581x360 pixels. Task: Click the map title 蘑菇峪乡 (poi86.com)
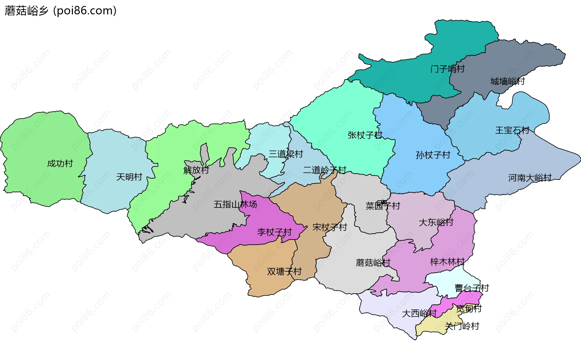tap(61, 11)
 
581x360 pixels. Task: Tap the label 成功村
tap(60, 163)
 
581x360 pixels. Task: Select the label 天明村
tap(129, 177)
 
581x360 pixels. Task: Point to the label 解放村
tap(196, 170)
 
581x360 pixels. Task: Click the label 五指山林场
tap(235, 204)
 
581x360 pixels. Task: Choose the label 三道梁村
tap(286, 154)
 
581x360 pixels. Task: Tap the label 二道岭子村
tap(324, 170)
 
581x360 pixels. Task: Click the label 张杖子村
tap(365, 135)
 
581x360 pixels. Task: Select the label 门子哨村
tap(447, 69)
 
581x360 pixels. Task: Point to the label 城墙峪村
tap(507, 81)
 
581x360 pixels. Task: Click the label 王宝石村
tap(512, 130)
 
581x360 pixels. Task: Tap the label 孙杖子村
tap(433, 155)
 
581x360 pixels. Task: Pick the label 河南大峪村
tap(530, 178)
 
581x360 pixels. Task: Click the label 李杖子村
tap(274, 232)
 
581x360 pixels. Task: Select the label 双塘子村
tap(284, 271)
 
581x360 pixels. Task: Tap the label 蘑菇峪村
tap(373, 263)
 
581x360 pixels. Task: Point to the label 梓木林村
tap(447, 262)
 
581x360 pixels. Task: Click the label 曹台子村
tap(471, 288)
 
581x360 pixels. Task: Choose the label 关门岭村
tap(462, 326)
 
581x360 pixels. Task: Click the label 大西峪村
tap(419, 313)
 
